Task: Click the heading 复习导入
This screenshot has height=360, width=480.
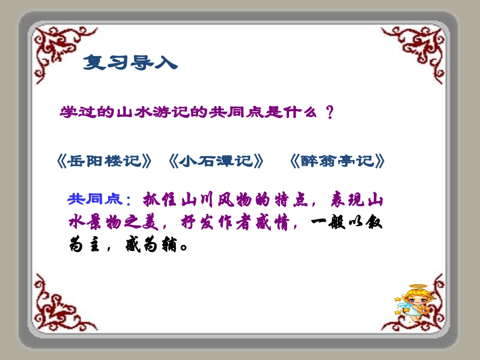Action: click(x=130, y=62)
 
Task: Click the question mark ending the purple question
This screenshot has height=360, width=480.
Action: click(x=330, y=112)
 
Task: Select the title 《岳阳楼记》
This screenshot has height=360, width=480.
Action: click(x=105, y=161)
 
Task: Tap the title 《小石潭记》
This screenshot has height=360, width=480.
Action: click(x=216, y=161)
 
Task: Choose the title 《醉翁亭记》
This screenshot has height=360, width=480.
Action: click(x=338, y=161)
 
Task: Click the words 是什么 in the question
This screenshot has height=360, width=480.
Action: click(x=288, y=112)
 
